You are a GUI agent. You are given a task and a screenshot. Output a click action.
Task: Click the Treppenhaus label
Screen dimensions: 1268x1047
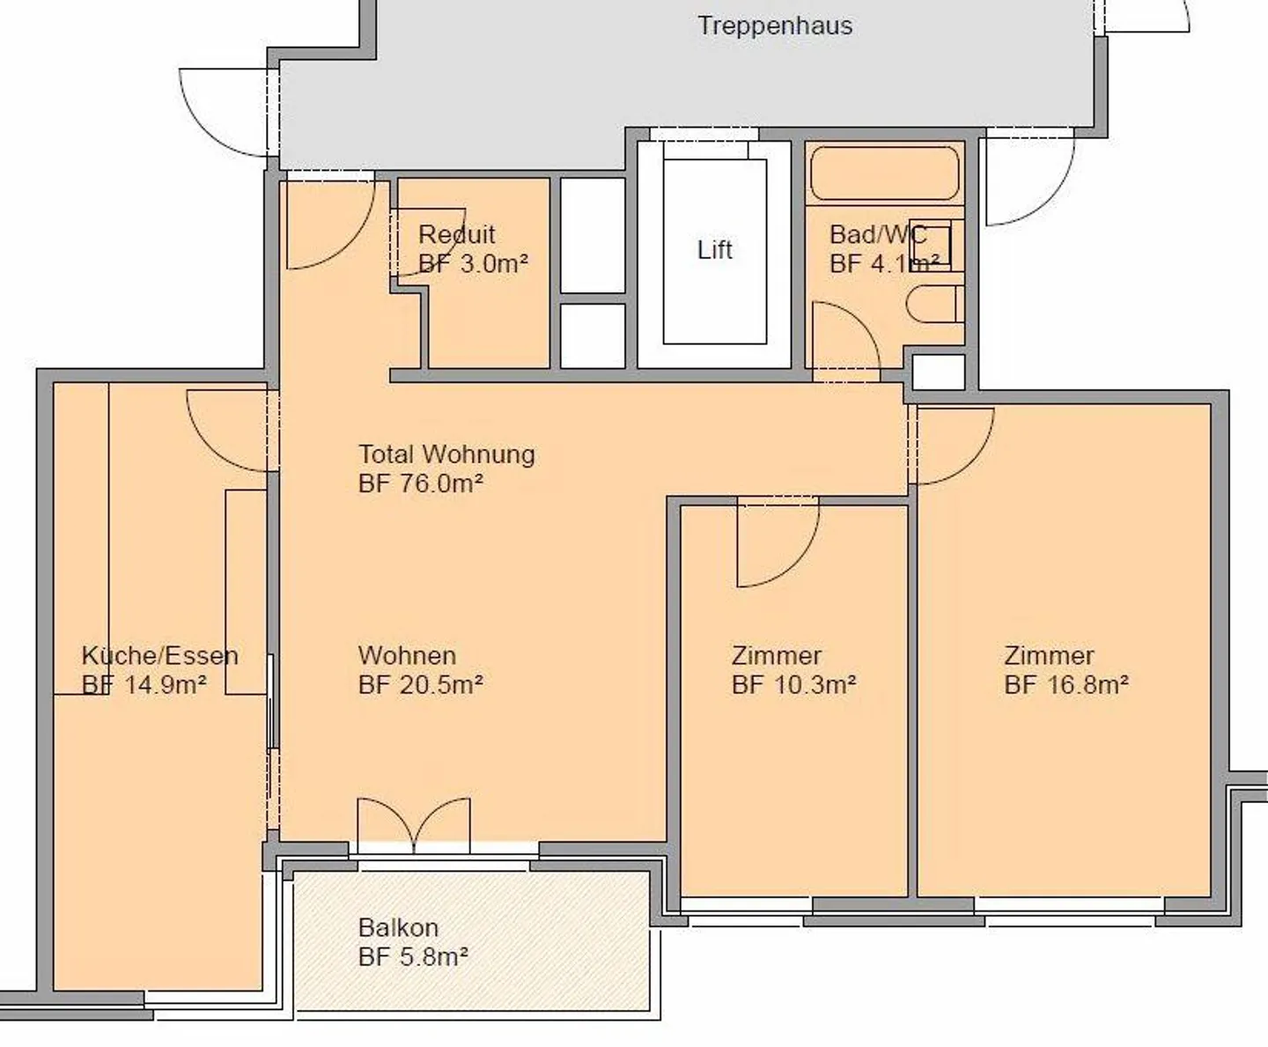coord(775,26)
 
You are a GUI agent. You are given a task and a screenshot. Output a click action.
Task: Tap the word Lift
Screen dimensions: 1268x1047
coord(714,249)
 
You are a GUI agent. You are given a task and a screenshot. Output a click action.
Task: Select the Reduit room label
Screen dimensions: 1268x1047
coord(457,234)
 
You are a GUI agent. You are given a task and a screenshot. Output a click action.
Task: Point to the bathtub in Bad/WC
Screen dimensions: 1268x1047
coord(885,173)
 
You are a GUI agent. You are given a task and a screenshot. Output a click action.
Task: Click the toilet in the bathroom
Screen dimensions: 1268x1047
coord(934,304)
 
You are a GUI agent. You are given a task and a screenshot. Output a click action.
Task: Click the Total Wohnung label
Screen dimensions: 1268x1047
coord(446,454)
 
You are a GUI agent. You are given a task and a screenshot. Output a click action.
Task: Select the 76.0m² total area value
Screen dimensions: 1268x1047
coord(441,483)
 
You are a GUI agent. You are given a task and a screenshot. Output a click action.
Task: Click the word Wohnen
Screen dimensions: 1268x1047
coord(407,656)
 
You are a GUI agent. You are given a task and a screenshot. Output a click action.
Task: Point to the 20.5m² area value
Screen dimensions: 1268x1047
coord(441,685)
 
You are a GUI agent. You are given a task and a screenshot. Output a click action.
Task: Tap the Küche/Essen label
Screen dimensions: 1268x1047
coord(159,656)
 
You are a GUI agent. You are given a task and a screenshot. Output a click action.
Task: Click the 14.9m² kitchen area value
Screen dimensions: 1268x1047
coord(166,685)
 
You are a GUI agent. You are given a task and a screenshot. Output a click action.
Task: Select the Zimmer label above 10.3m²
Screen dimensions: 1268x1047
coord(776,656)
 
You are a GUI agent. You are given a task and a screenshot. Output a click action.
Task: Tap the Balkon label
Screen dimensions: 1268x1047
coord(398,928)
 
